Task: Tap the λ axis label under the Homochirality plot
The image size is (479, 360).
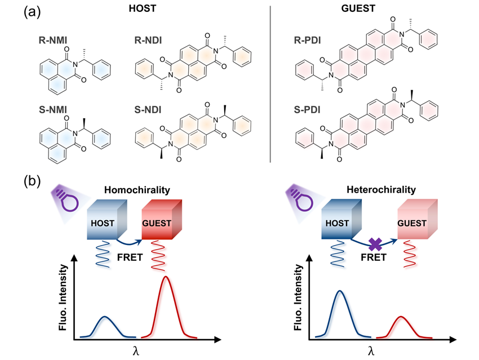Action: point(136,350)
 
